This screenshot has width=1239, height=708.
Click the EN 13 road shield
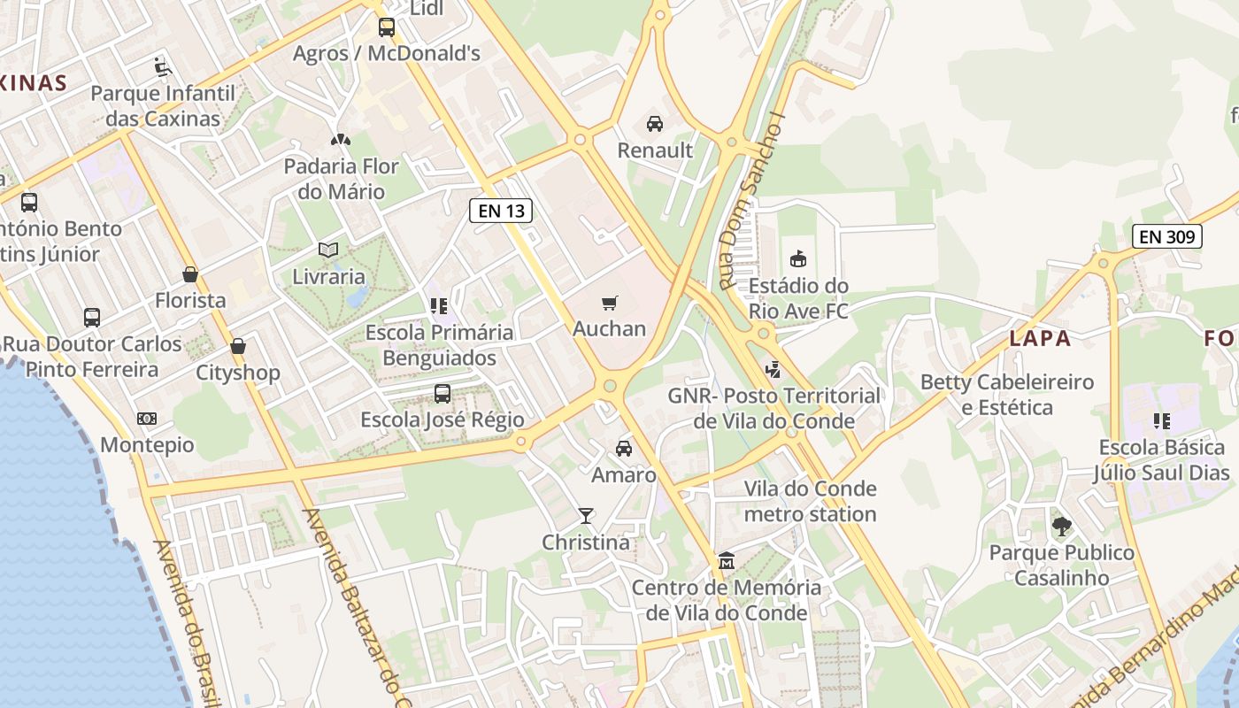click(x=501, y=211)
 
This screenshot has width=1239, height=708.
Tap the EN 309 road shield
click(x=1167, y=236)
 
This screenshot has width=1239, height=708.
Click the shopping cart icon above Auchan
click(x=609, y=304)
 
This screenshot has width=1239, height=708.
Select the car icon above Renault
click(x=655, y=124)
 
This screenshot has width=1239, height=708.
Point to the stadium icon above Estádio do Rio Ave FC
click(x=798, y=258)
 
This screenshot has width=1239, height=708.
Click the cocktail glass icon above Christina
click(x=585, y=515)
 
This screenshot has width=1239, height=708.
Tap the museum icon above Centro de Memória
click(x=727, y=561)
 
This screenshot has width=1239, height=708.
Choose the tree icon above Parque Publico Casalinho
click(x=1062, y=527)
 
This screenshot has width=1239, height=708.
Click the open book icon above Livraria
click(x=328, y=250)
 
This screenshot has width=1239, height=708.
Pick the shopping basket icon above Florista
click(x=189, y=274)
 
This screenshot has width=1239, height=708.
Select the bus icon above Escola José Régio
click(x=442, y=393)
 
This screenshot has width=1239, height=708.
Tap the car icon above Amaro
click(x=624, y=449)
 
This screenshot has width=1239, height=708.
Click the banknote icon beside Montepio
click(x=147, y=419)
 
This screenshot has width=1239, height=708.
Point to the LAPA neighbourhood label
click(x=1040, y=338)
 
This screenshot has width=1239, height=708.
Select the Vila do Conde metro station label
click(x=810, y=501)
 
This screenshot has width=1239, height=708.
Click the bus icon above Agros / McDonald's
click(x=387, y=27)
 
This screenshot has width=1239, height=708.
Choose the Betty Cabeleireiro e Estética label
click(x=1007, y=395)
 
